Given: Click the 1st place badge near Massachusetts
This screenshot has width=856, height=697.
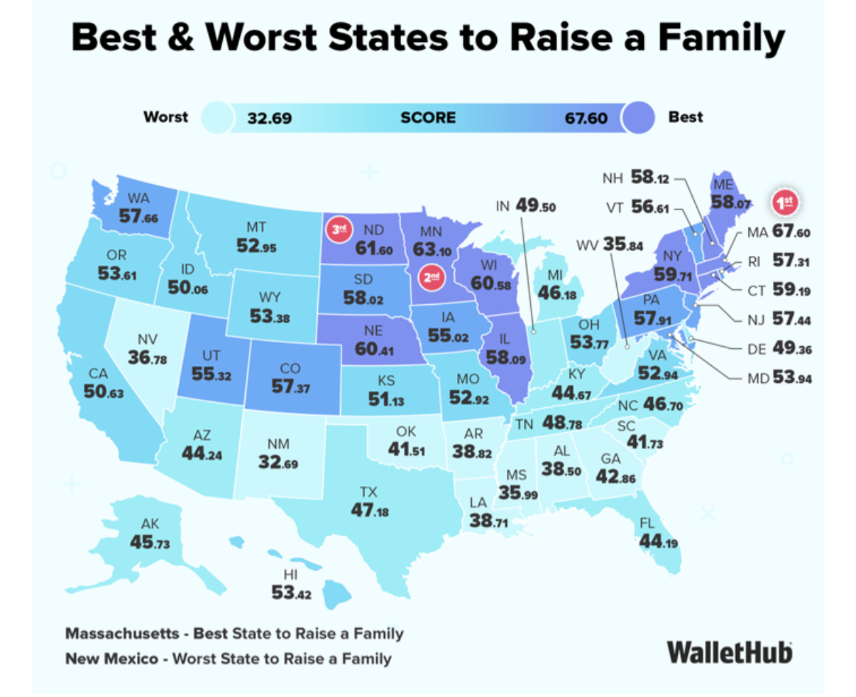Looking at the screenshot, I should [785, 202].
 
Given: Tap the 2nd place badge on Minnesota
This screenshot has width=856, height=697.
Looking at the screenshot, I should [431, 276].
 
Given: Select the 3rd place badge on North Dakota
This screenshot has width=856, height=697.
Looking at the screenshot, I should [339, 229].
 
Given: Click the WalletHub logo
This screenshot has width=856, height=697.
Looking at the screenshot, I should [729, 652].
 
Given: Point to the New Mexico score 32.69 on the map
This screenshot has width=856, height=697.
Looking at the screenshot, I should [278, 463].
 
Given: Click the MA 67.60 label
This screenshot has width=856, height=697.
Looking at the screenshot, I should [779, 233].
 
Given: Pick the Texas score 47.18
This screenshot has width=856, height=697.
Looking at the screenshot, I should [370, 509].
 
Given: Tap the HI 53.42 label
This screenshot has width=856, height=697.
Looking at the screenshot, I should [291, 591].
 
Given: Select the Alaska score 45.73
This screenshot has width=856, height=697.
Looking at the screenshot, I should [150, 542].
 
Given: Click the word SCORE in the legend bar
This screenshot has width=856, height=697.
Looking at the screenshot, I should [428, 118].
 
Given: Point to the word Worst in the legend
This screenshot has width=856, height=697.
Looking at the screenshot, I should [166, 117].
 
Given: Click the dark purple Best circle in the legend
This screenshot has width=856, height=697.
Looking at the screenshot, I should [637, 117].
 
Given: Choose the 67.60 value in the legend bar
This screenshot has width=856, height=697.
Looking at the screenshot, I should [586, 118].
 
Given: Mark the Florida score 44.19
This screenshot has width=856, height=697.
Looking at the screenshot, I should [658, 541].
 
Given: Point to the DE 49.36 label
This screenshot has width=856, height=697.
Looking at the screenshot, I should [779, 350].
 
